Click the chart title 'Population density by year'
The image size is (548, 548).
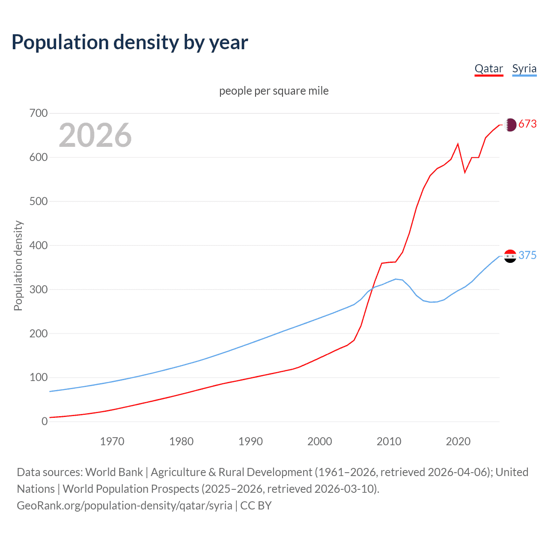click(x=130, y=42)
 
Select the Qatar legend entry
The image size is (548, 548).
click(x=488, y=69)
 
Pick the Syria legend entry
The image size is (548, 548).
click(x=524, y=69)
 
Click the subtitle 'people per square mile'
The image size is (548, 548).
click(x=274, y=91)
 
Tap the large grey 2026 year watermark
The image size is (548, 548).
click(x=95, y=135)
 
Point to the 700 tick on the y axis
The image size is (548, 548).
click(x=39, y=113)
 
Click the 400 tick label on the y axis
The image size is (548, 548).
click(x=39, y=246)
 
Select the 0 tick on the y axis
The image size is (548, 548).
click(x=45, y=422)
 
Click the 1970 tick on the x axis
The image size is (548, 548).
click(x=112, y=441)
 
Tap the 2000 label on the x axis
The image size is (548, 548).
click(x=319, y=441)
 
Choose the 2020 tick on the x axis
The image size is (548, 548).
click(x=458, y=441)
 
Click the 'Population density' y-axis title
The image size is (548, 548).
click(x=18, y=265)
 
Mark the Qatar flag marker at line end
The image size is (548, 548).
click(x=510, y=125)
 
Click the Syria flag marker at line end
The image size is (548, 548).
click(x=510, y=256)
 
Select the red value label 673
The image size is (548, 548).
click(x=527, y=124)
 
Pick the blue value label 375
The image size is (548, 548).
click(x=527, y=256)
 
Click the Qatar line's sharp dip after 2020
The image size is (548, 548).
click(x=465, y=173)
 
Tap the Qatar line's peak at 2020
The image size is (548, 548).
click(x=458, y=144)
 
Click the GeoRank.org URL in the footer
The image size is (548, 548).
click(x=125, y=506)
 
